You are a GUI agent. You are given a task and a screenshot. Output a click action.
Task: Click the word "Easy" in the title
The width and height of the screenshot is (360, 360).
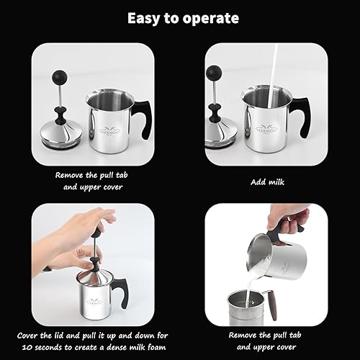(x=144, y=19)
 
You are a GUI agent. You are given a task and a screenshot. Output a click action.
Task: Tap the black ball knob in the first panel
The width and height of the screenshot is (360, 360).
(x=60, y=78)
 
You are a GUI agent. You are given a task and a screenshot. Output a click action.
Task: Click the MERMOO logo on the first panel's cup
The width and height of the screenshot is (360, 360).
(x=110, y=131)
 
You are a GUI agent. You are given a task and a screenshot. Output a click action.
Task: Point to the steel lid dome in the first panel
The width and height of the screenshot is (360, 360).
(x=61, y=135)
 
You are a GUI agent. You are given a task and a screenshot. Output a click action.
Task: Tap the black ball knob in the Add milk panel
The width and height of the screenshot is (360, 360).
(x=214, y=73)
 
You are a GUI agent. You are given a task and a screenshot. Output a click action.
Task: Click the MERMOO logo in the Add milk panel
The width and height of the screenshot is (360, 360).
(x=266, y=129)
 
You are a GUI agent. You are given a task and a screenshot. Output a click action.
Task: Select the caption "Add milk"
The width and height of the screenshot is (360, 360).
(x=267, y=182)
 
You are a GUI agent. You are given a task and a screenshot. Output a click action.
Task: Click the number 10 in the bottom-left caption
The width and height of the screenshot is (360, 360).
(x=27, y=347)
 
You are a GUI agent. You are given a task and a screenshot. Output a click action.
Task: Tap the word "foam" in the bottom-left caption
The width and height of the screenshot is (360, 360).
(x=156, y=347)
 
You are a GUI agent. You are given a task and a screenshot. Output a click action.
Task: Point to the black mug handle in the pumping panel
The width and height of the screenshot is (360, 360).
(x=121, y=292)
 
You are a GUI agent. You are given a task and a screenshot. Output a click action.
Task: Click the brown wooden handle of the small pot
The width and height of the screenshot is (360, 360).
(x=272, y=305)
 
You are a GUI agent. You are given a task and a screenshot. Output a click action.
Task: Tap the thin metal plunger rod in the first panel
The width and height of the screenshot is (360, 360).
(x=60, y=96)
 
